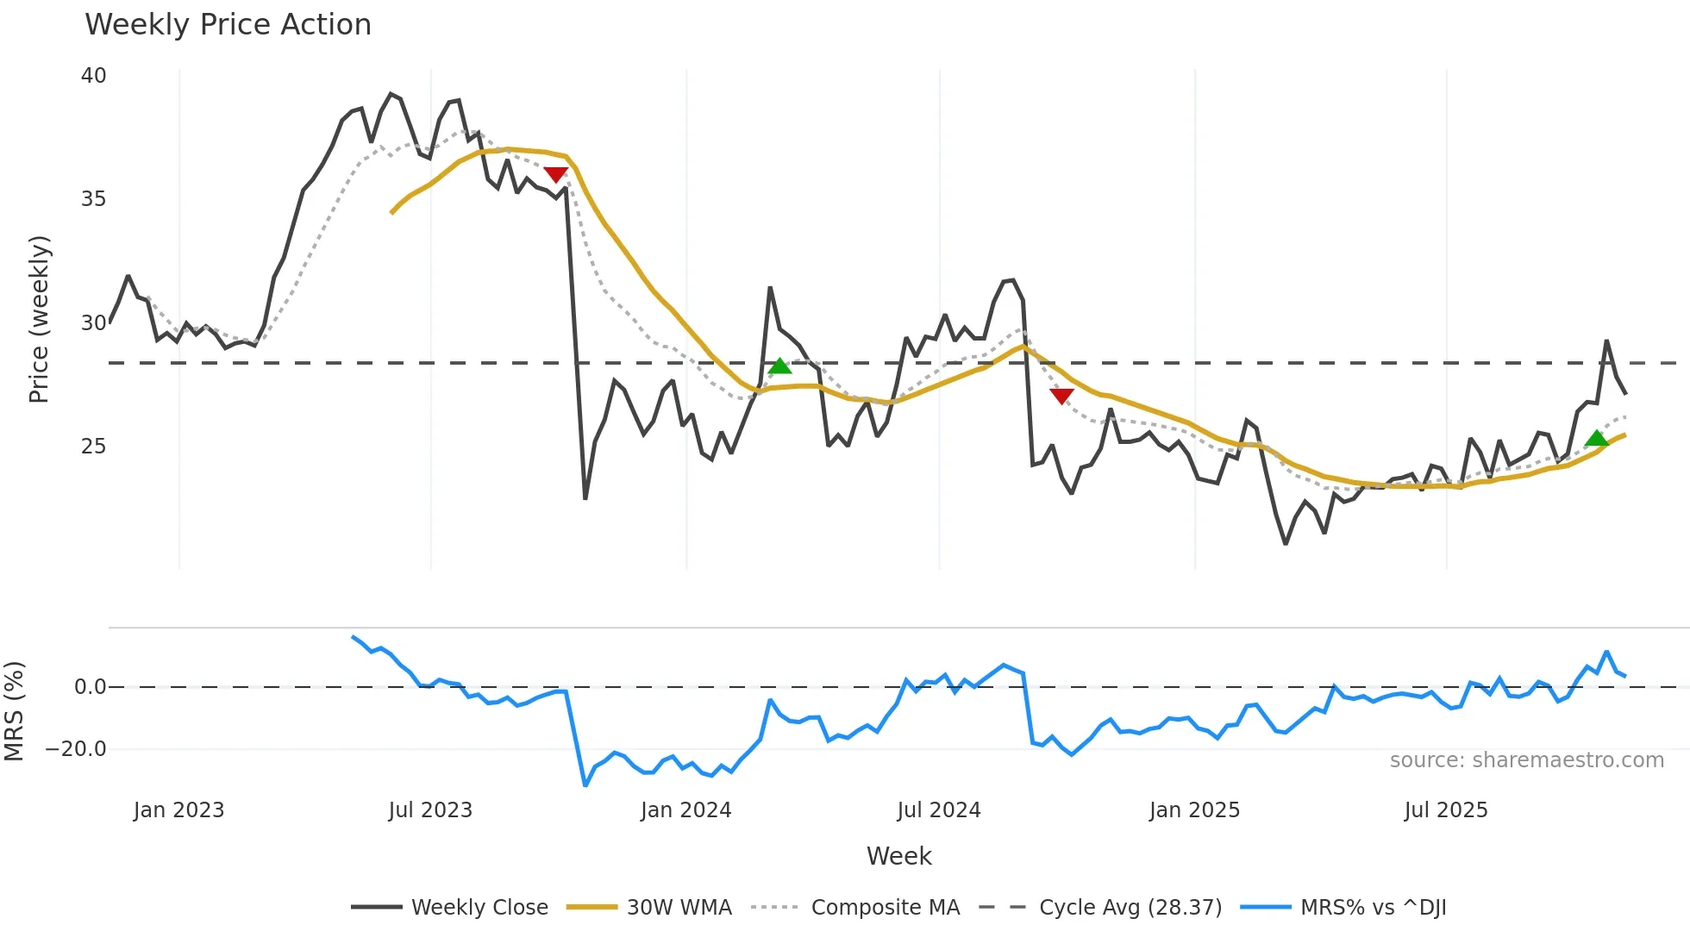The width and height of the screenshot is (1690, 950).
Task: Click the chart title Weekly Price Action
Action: tap(228, 24)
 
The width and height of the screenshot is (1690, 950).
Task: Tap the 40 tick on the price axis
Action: tap(93, 76)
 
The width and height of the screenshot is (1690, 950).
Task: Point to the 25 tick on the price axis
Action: tap(93, 446)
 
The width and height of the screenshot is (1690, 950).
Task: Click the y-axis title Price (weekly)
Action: tap(39, 319)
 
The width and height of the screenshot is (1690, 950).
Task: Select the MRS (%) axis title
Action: tap(14, 711)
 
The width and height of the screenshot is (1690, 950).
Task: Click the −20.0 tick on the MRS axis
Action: tap(76, 748)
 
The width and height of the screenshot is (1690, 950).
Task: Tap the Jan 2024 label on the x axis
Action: tap(685, 809)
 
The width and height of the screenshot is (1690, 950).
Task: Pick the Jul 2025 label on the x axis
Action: tap(1446, 809)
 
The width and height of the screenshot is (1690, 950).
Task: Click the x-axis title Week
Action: tap(898, 856)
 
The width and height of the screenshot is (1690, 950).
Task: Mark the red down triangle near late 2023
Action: tap(555, 174)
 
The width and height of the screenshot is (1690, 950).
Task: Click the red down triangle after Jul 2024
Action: tap(1061, 396)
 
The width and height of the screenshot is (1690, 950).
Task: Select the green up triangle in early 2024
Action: tap(779, 366)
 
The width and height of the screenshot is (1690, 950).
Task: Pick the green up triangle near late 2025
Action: tap(1597, 439)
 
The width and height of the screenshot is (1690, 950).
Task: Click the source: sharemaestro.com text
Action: tap(1526, 759)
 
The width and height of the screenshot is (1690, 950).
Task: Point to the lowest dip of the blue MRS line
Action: tap(585, 784)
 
